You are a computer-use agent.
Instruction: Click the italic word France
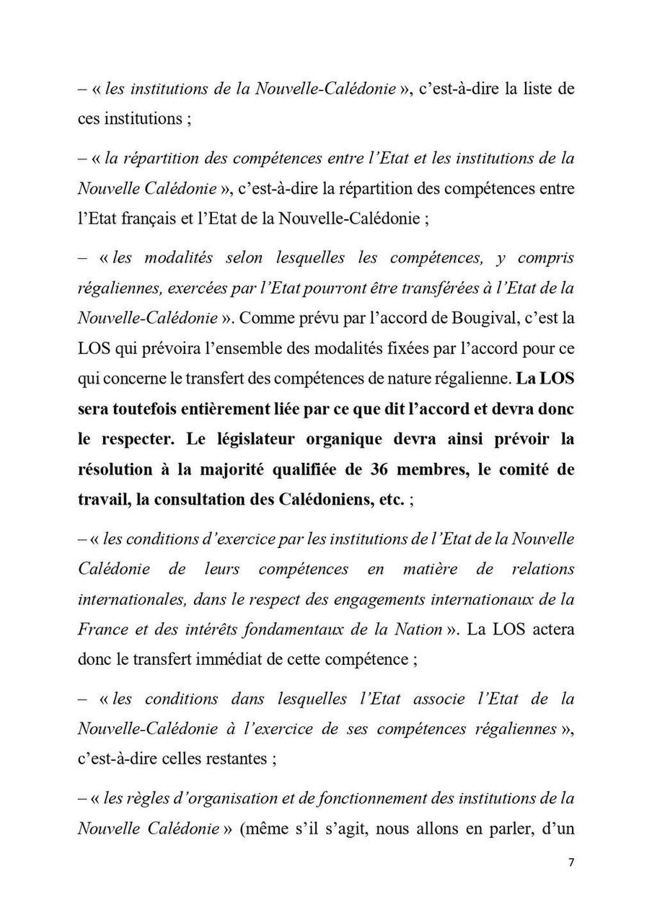[102, 629]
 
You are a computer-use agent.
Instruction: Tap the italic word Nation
[417, 629]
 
